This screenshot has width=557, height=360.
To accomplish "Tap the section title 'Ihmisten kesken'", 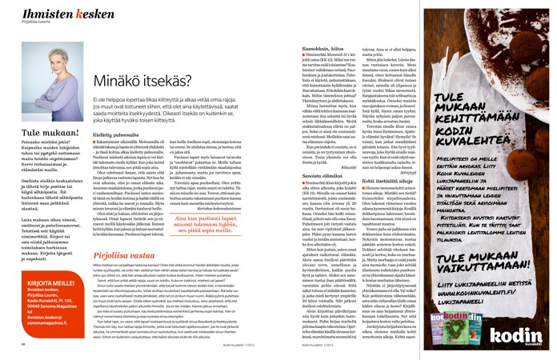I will click(42, 10).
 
